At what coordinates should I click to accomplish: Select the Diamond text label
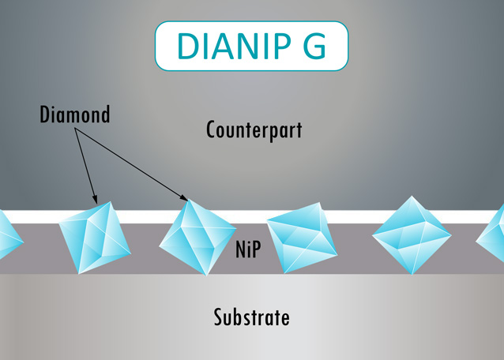pos(75,115)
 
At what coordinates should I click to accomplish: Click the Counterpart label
pos(254,129)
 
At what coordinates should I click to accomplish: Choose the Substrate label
pos(251,318)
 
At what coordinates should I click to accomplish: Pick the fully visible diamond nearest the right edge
pos(412,234)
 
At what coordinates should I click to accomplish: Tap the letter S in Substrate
pos(219,318)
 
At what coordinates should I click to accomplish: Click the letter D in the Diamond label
pos(44,115)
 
